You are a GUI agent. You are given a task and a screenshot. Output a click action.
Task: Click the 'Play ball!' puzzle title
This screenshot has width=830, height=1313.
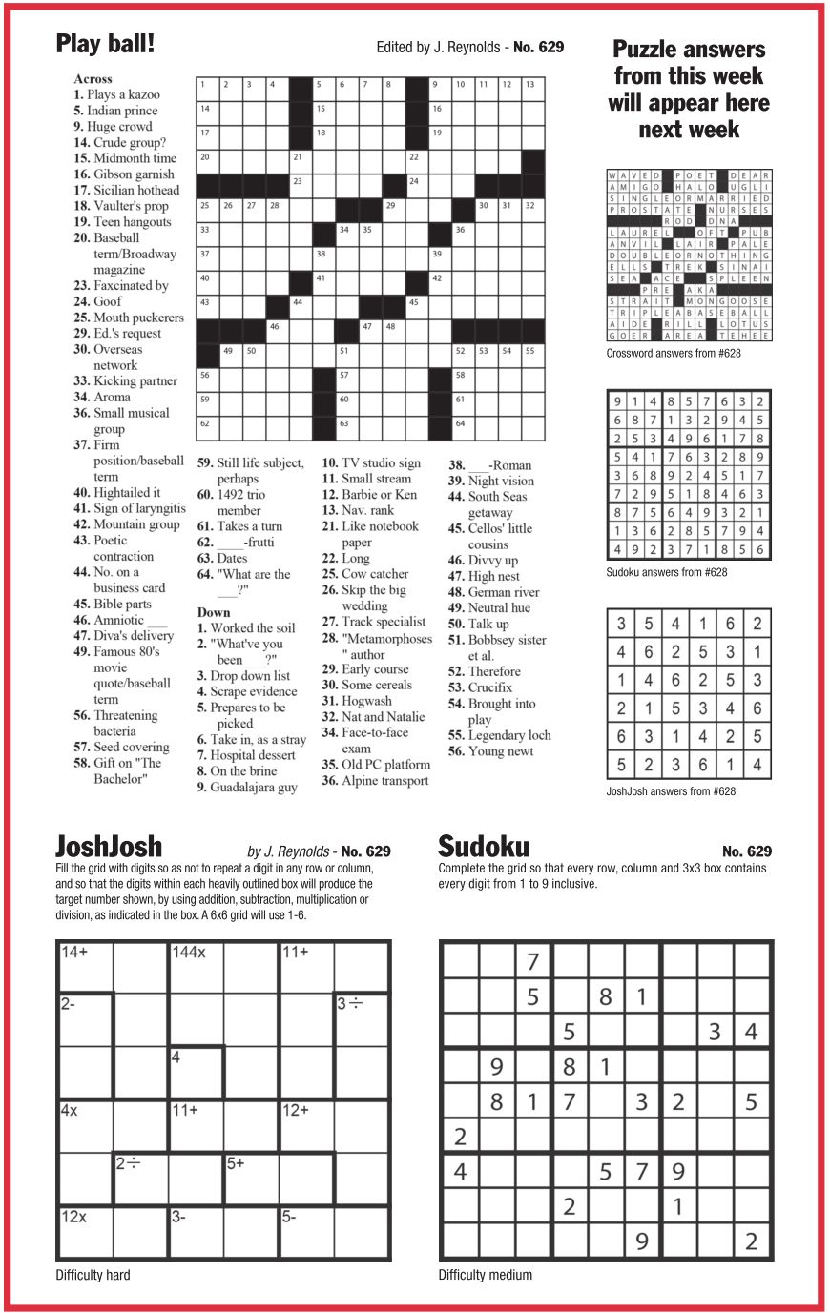click(105, 44)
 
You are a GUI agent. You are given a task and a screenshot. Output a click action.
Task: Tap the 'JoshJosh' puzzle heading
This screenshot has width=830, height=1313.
click(109, 847)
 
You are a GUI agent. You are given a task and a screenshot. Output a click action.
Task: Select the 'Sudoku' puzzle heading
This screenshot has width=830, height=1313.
click(483, 847)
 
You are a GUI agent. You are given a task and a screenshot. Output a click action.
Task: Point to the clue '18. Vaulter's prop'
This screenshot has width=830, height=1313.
click(121, 206)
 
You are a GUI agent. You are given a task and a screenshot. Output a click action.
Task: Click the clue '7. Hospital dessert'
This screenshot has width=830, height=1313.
click(253, 755)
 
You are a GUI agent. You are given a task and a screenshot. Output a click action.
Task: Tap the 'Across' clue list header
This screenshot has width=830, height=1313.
click(93, 79)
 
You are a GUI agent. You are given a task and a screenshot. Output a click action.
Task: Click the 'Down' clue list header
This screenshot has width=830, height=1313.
click(214, 612)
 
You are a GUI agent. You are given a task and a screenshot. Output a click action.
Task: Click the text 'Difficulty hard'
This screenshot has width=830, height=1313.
click(93, 1275)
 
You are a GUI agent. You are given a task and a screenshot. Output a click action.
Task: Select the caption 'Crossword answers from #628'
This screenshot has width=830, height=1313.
click(674, 354)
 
